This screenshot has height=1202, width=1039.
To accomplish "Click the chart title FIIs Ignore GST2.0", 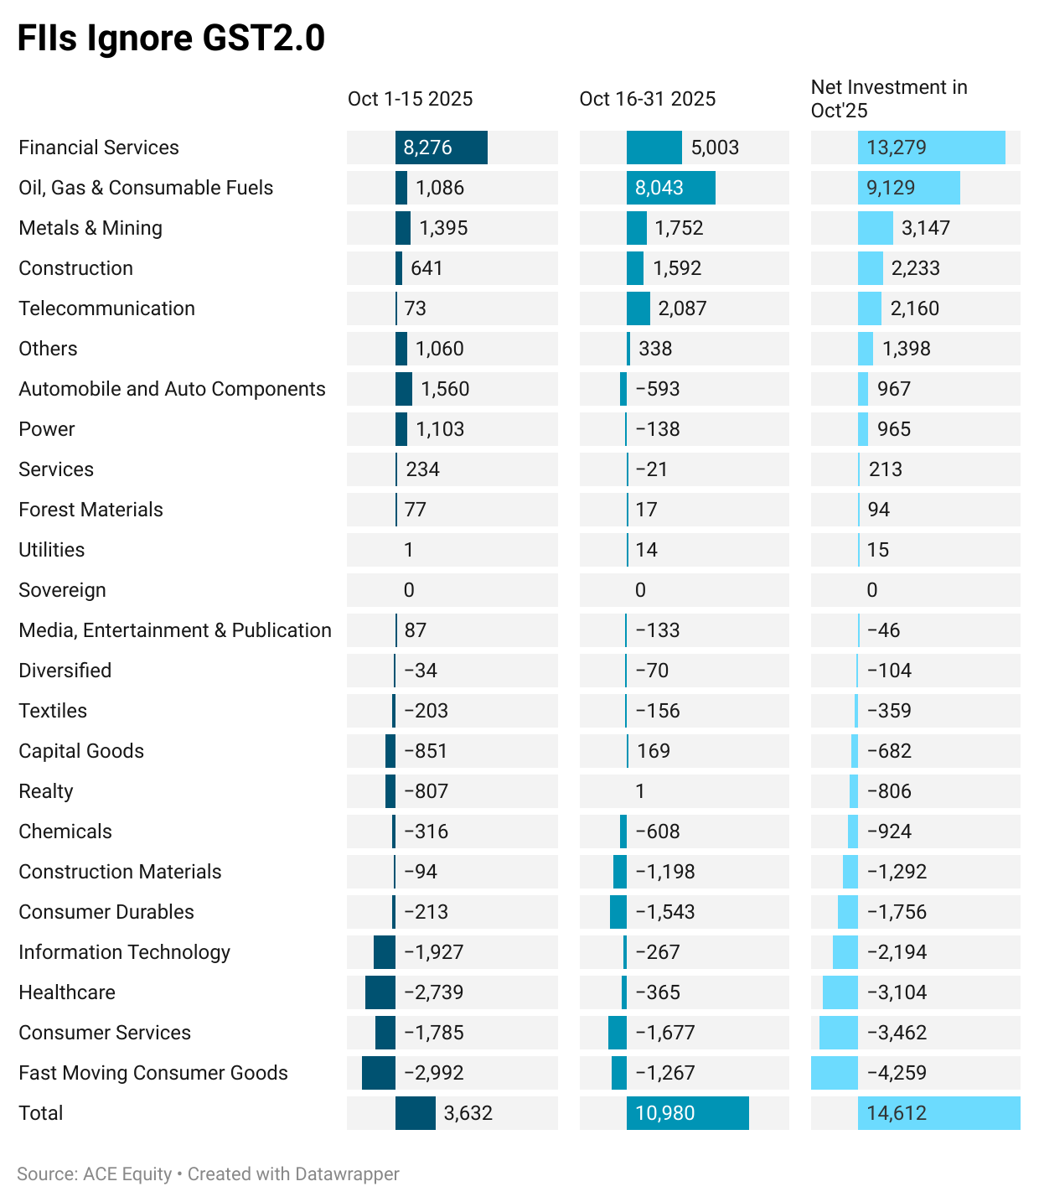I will (x=171, y=39).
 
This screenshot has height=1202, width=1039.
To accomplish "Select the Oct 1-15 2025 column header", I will (x=410, y=99).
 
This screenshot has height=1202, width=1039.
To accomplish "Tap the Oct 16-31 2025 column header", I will (x=647, y=99).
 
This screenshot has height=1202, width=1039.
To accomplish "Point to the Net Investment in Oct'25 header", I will (x=888, y=99).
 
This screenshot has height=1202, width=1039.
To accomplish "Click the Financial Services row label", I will (x=99, y=148).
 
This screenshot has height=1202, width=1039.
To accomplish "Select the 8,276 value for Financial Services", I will (x=427, y=148).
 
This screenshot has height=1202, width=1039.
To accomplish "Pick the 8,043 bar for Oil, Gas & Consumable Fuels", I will (x=670, y=188).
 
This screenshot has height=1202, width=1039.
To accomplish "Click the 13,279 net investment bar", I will (x=931, y=148).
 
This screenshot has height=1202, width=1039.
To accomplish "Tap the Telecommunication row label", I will (x=106, y=308).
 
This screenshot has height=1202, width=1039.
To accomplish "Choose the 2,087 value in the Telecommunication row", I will (x=682, y=308).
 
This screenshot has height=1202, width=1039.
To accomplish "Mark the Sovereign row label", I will (x=62, y=590).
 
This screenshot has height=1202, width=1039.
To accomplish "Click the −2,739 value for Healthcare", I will (x=433, y=992).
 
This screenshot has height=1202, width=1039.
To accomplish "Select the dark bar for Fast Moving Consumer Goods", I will (x=378, y=1073).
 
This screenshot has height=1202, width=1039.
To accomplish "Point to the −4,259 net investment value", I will (x=897, y=1073).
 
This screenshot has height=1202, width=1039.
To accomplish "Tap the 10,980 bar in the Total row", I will (x=687, y=1113).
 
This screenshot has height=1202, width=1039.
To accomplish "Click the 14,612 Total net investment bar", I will (x=938, y=1113).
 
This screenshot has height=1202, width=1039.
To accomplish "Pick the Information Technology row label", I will (x=124, y=952).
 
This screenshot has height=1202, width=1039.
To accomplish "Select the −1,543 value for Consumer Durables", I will (x=665, y=912).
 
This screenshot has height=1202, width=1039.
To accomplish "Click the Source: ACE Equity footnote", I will (x=94, y=1174).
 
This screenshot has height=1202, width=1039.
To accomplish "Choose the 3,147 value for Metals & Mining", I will (x=926, y=228).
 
